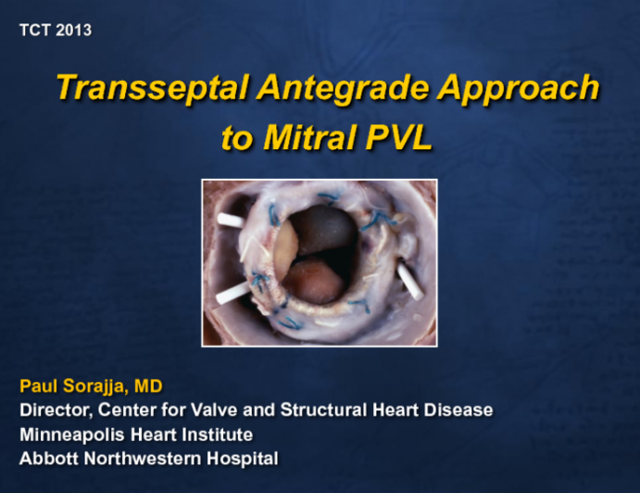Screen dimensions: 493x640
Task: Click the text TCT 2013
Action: (56, 31)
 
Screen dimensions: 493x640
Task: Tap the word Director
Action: (53, 411)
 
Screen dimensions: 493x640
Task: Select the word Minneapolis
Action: (70, 435)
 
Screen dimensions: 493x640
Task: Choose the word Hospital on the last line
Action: (245, 459)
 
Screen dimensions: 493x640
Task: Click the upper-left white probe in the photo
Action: (231, 220)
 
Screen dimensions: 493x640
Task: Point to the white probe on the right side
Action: (408, 280)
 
